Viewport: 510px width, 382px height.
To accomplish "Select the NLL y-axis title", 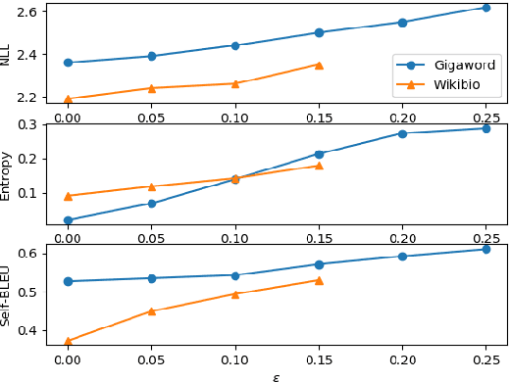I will click(6, 53).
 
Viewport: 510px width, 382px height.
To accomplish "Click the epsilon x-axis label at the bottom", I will click(276, 375).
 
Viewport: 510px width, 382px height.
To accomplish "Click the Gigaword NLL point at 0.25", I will click(485, 8).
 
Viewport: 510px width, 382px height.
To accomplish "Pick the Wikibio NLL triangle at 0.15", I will click(319, 65).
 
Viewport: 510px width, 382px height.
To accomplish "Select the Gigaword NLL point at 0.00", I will click(68, 63).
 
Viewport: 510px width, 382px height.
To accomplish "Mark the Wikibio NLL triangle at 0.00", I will click(68, 99).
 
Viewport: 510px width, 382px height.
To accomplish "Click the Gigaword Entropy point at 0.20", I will click(402, 133).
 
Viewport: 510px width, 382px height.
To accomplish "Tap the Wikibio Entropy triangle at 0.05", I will click(151, 186).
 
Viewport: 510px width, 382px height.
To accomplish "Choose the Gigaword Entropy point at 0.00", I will click(68, 220).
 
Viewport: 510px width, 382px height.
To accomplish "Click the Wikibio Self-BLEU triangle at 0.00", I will click(68, 341).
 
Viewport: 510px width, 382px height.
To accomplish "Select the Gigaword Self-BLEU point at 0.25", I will click(485, 249).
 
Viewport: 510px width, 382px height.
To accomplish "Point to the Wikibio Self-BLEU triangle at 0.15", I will click(319, 280).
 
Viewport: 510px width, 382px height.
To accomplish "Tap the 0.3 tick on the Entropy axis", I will click(31, 124).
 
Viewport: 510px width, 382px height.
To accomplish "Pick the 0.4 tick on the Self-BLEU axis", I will click(31, 331).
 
